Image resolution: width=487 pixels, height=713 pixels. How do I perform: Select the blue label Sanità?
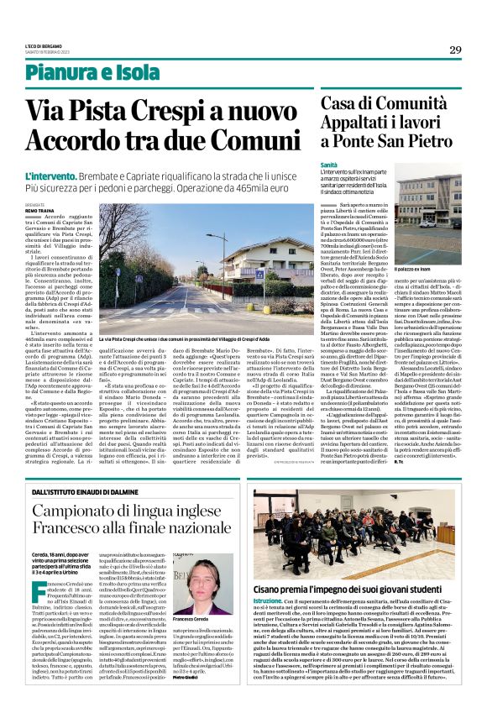click(x=329, y=165)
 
